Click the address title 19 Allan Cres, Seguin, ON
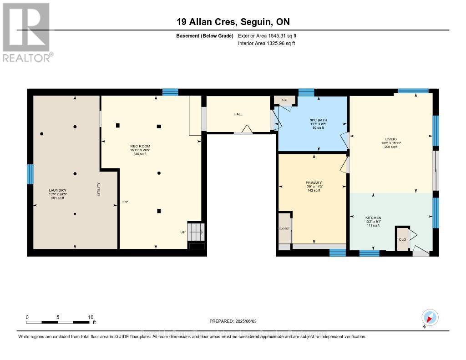[x=233, y=22]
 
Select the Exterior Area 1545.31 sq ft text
[x=267, y=35]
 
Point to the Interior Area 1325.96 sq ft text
[x=266, y=44]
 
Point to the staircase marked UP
[x=197, y=232]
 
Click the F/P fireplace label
[x=125, y=202]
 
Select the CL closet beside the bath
[x=284, y=100]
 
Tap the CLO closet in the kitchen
[x=402, y=239]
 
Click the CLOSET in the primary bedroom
[x=284, y=228]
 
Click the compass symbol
[x=430, y=317]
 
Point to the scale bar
[x=58, y=322]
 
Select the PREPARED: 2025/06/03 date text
[x=233, y=321]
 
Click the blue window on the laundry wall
[x=30, y=174]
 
